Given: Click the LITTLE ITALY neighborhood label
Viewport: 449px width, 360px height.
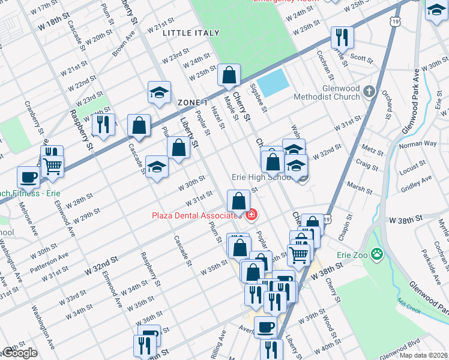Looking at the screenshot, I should [x=187, y=34].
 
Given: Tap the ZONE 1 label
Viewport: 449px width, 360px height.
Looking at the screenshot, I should [x=192, y=103].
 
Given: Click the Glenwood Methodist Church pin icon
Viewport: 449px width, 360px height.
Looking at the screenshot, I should [x=369, y=92].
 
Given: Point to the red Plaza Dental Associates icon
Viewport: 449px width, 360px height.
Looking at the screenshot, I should [x=250, y=215].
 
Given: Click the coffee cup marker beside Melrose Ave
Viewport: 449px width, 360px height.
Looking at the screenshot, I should [x=29, y=178].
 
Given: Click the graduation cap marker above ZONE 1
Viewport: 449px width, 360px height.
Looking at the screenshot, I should [x=159, y=93].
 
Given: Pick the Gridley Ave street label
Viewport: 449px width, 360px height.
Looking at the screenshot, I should [x=417, y=182].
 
